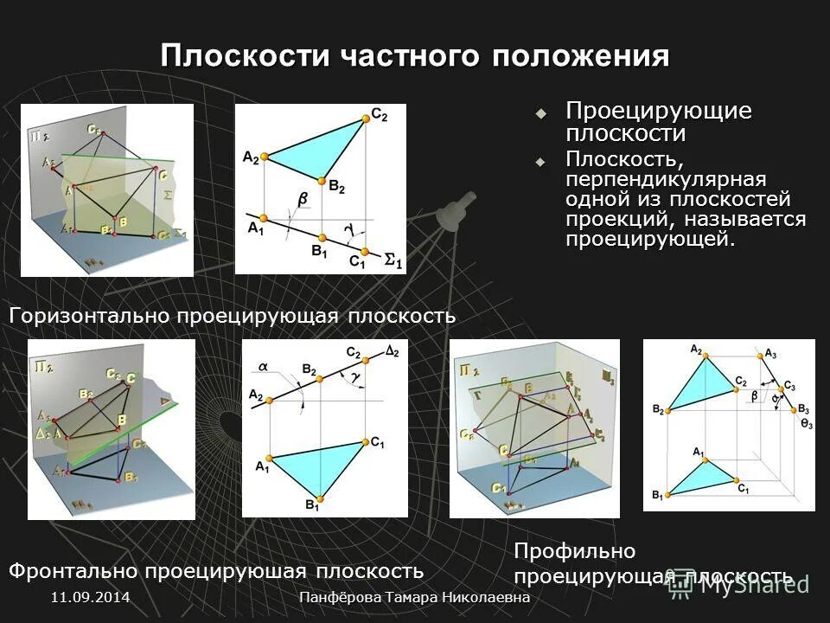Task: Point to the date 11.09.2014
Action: click(x=90, y=598)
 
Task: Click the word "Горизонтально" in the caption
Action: click(x=90, y=316)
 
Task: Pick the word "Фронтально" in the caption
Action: click(x=73, y=571)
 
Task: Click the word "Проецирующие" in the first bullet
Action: click(x=659, y=112)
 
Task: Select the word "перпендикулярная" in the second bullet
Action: click(x=666, y=179)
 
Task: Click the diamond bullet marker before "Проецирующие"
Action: click(x=541, y=113)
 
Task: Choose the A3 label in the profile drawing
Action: click(x=770, y=353)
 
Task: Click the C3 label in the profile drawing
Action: click(x=788, y=386)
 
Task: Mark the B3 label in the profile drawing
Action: click(x=803, y=408)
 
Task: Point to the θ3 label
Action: click(x=806, y=423)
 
